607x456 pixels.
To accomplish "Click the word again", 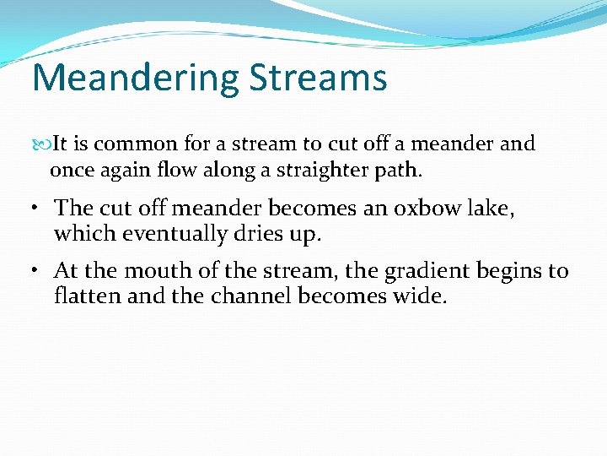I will coord(121,171).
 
